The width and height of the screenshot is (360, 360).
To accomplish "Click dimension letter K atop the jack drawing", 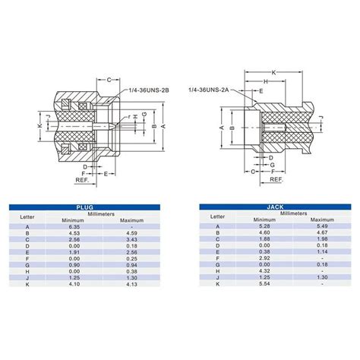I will point(273,71).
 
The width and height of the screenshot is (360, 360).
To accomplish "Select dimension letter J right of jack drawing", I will point(321,118).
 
